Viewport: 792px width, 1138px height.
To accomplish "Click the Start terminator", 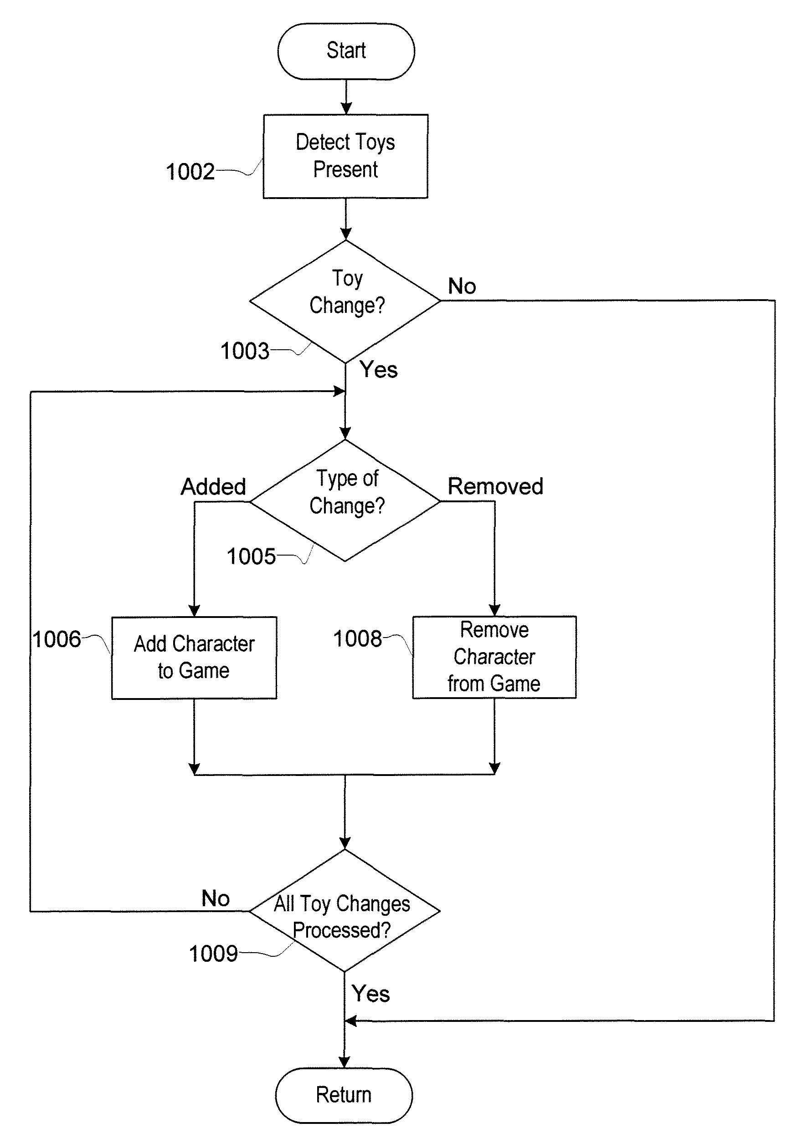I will (346, 51).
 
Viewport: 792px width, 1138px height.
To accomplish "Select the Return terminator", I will (344, 1095).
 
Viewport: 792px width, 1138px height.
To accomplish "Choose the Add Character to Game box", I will (194, 657).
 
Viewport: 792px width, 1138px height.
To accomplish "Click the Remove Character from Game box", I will (494, 657).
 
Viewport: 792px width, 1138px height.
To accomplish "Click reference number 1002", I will (190, 172).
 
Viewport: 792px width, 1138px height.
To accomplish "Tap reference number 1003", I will (245, 351).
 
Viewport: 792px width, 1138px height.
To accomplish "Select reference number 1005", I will (251, 556).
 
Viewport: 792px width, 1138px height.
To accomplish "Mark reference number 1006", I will (57, 639).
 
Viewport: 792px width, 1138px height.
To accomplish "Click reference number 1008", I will (358, 638).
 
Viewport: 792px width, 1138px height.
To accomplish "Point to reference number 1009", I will (213, 953).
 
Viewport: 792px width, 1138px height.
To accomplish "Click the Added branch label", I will (213, 486).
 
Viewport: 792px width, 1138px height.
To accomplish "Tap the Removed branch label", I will (495, 486).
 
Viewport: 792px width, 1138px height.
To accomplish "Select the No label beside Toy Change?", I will (462, 286).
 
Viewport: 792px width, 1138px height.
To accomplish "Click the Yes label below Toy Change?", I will (378, 370).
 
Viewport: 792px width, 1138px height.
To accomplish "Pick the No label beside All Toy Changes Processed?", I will (215, 898).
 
